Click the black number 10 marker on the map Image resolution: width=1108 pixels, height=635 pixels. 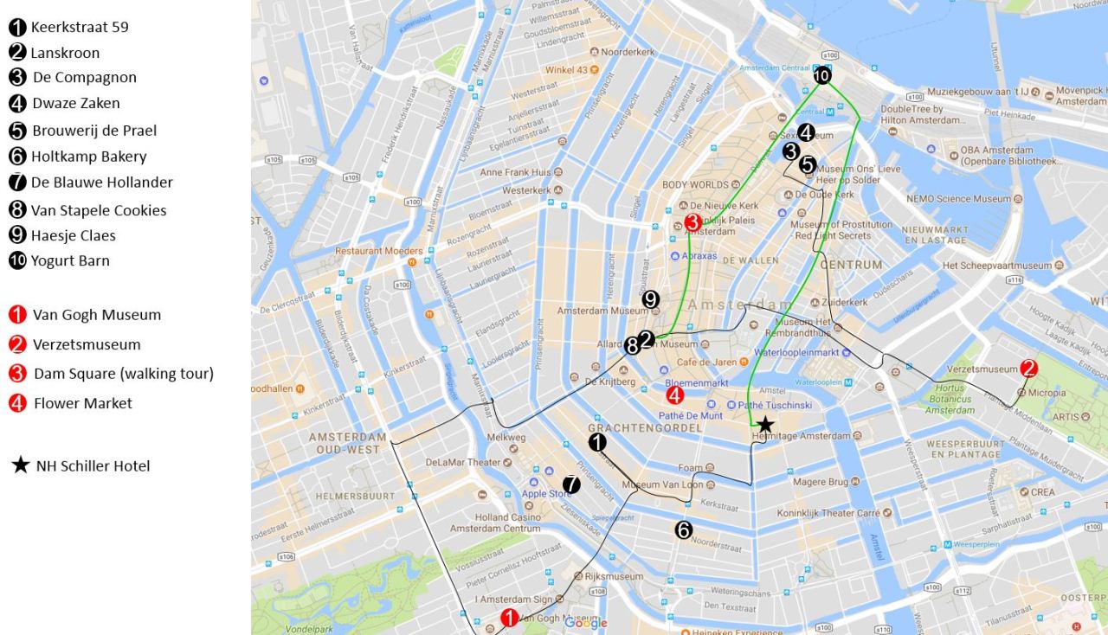tap(821, 76)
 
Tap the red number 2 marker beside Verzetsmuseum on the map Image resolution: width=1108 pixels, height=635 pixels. tap(1028, 368)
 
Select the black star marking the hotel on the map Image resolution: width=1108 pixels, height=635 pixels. tap(765, 424)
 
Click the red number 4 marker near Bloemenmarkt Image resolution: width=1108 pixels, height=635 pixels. tap(675, 395)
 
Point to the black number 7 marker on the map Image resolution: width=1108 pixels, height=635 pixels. tap(570, 485)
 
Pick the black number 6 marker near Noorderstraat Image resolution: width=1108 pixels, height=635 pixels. tap(684, 530)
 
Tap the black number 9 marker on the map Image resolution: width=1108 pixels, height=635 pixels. tap(651, 299)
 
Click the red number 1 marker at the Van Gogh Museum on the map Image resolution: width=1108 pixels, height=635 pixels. tap(510, 617)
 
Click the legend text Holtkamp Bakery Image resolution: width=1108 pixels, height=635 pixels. tap(89, 157)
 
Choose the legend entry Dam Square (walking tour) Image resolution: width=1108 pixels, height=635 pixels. tap(124, 374)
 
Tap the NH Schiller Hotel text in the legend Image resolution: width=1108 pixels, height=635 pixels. tap(93, 466)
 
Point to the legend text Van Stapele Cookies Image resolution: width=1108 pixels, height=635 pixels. tap(99, 210)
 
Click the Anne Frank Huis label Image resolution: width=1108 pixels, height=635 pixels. tap(515, 172)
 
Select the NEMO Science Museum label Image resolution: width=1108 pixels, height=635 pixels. tap(958, 199)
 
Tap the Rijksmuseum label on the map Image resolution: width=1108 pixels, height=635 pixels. tap(614, 576)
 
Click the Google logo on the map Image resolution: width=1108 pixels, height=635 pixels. tap(586, 624)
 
